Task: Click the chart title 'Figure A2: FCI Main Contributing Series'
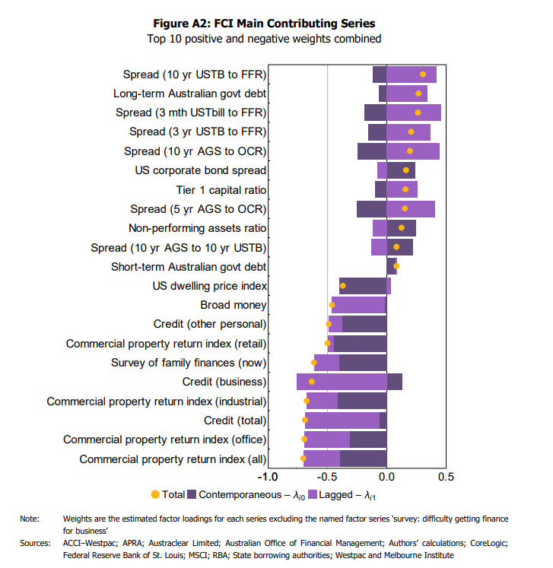pos(264,23)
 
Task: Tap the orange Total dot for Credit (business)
pos(312,382)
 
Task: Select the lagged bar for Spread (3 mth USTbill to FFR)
pos(414,113)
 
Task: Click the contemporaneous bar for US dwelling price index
pos(363,286)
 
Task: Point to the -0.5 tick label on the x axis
pos(327,477)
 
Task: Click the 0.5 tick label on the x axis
pos(446,477)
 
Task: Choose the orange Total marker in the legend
pos(155,494)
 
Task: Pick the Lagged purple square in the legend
pos(313,494)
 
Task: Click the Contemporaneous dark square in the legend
pos(192,494)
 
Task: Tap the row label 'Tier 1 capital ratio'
pos(221,190)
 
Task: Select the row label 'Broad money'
pos(233,305)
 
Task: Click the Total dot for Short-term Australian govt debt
pos(396,266)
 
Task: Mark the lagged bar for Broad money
pos(358,305)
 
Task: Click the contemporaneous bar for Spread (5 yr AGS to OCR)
pos(371,209)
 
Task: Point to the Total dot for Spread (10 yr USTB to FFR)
pos(423,75)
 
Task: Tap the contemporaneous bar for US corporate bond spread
pos(401,170)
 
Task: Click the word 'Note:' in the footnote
pos(30,519)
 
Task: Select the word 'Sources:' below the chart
pos(35,543)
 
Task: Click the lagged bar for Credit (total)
pos(342,420)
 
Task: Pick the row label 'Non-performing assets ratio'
pos(197,228)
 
